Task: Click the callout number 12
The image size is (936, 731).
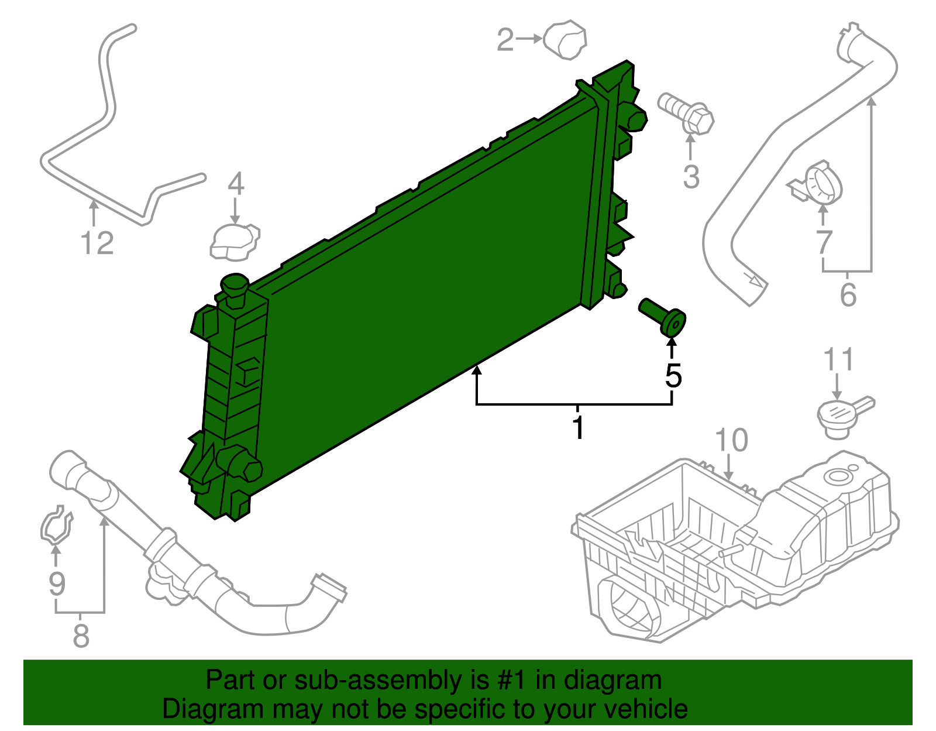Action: [x=97, y=243]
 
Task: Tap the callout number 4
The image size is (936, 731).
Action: [x=236, y=184]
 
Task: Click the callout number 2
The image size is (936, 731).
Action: [x=505, y=40]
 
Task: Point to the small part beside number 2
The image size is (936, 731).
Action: [x=565, y=40]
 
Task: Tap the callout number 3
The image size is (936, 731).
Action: [x=691, y=176]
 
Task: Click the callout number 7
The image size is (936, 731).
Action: [x=824, y=241]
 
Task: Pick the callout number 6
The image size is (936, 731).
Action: [x=848, y=294]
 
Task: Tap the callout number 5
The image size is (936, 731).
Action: [x=673, y=376]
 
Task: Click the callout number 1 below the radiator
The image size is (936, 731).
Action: [x=578, y=428]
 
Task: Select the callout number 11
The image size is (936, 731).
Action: [x=838, y=360]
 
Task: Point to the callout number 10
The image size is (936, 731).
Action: [x=731, y=440]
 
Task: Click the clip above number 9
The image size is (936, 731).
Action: [x=56, y=524]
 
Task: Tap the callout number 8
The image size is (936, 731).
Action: [x=81, y=635]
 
